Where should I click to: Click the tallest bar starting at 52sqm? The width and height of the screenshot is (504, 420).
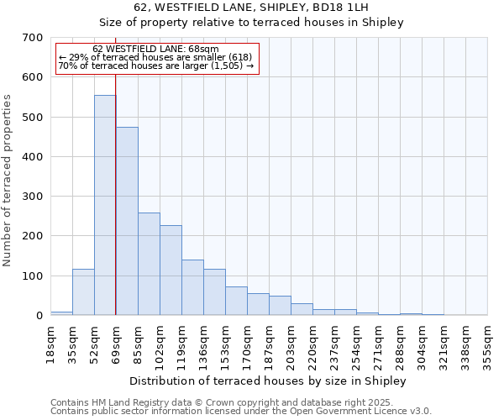pos(105,205)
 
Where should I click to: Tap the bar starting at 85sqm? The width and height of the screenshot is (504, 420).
pos(149,264)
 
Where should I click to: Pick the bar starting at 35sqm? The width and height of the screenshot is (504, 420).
pos(83,291)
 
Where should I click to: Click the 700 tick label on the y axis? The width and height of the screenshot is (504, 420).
pos(33,38)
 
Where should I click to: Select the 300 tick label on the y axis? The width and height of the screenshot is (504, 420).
pos(33,197)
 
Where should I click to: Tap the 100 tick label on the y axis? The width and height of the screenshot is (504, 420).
pos(33,276)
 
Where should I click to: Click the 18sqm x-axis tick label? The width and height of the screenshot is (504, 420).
pos(51,342)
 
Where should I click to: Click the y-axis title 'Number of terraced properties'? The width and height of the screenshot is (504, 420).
pos(8,181)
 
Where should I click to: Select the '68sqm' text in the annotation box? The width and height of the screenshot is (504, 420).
pos(203,49)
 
